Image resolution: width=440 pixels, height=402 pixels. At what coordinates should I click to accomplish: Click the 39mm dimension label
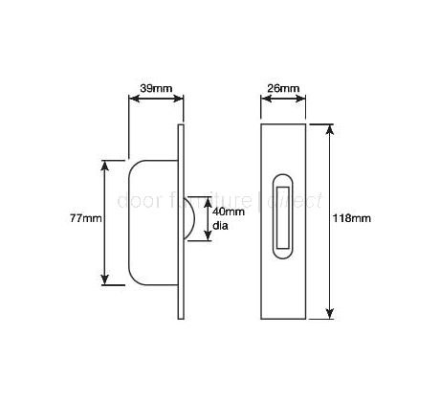click(153, 88)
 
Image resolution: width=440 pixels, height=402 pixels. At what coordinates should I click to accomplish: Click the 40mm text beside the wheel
click(227, 212)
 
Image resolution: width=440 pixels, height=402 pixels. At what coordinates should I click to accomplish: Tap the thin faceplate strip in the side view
click(178, 220)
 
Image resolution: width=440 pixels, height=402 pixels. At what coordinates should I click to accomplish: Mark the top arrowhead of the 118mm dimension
click(331, 127)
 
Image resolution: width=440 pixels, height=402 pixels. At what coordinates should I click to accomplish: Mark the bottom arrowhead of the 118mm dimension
click(331, 313)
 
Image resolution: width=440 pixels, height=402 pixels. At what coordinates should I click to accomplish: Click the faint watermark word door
click(132, 202)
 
